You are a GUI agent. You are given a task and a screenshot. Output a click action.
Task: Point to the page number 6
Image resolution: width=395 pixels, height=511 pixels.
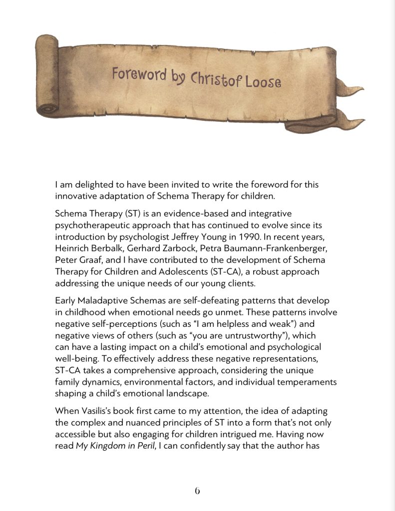[x=197, y=491]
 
